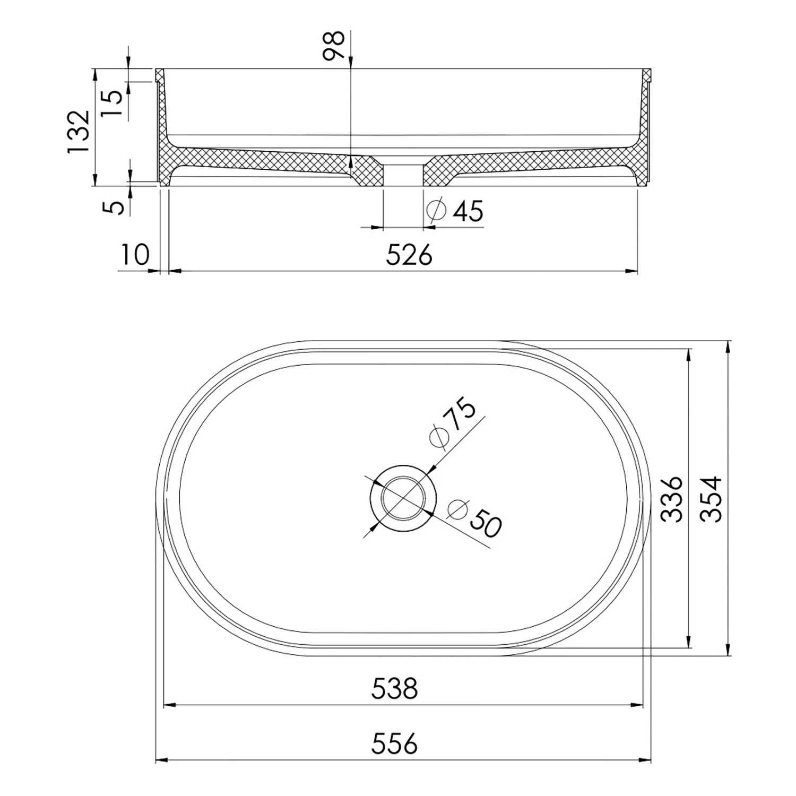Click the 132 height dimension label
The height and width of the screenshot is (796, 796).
pyautogui.click(x=79, y=132)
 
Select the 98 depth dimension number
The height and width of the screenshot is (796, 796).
pyautogui.click(x=334, y=46)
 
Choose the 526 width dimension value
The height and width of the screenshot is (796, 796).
pyautogui.click(x=409, y=256)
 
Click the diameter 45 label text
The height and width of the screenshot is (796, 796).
pyautogui.click(x=455, y=211)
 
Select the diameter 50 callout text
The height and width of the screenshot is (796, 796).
pyautogui.click(x=474, y=515)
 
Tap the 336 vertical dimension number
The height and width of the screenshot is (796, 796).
pyautogui.click(x=673, y=499)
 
